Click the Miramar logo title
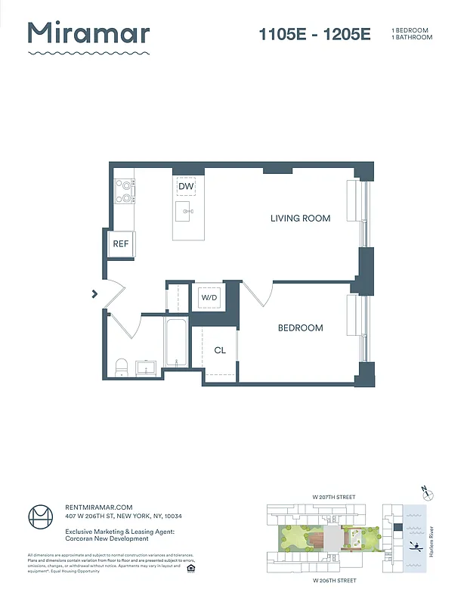pyautogui.click(x=88, y=33)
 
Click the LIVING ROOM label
pyautogui.click(x=300, y=219)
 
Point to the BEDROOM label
pyautogui.click(x=300, y=327)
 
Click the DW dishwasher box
pyautogui.click(x=186, y=186)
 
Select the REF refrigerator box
pyautogui.click(x=121, y=244)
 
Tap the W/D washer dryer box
pyautogui.click(x=209, y=298)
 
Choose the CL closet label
pyautogui.click(x=220, y=350)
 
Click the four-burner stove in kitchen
pyautogui.click(x=124, y=191)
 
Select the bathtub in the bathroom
pyautogui.click(x=175, y=344)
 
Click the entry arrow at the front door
pyautogui.click(x=94, y=293)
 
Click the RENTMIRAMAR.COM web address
pyautogui.click(x=99, y=507)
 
